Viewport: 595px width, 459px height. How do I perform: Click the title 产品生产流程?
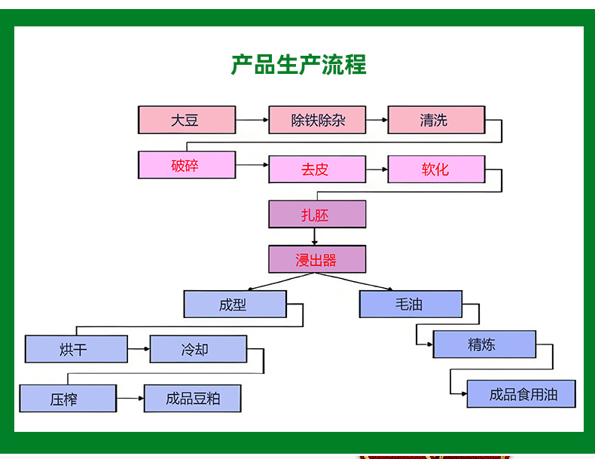coord(298,65)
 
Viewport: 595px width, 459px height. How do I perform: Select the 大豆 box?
coord(187,120)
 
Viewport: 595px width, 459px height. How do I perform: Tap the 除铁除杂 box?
coord(317,120)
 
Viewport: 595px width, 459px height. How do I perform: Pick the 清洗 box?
coord(435,120)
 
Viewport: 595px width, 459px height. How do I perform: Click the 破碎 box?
coord(187,165)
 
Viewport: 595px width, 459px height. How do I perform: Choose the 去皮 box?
coord(317,169)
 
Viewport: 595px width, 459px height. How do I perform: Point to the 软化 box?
coord(435,169)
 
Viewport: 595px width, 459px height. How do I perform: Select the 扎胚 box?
coord(317,214)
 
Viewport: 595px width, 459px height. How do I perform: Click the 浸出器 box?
coord(317,259)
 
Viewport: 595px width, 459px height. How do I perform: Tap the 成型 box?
coord(235,304)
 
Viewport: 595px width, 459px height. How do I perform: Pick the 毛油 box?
coord(410,304)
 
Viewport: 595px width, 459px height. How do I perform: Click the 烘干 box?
coord(76,350)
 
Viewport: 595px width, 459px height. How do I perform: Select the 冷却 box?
coord(198,350)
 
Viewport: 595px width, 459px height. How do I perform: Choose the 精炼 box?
coord(484,344)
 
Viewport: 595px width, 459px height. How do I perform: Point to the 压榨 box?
coord(68,398)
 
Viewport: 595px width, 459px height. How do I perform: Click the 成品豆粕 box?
coord(193,398)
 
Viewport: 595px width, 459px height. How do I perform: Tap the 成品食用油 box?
coord(521,394)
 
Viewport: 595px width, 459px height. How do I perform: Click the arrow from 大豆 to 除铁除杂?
coord(252,120)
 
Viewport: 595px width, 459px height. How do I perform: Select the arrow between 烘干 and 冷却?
coord(139,350)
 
